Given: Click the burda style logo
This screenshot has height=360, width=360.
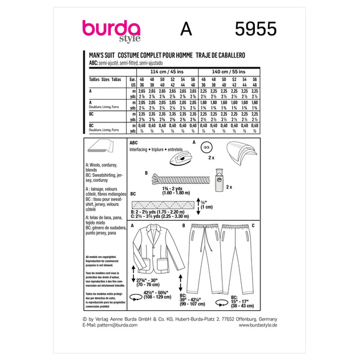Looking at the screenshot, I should click(111, 31).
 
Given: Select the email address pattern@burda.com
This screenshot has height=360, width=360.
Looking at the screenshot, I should click(117, 342).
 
